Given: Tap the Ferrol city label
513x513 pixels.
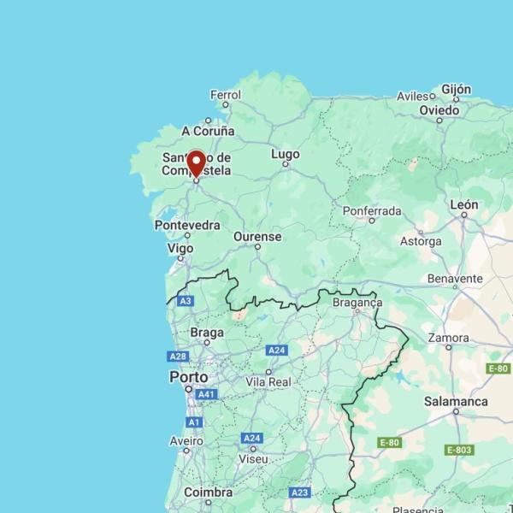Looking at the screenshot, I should pyautogui.click(x=226, y=95).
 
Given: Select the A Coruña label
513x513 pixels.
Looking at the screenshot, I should pyautogui.click(x=208, y=131).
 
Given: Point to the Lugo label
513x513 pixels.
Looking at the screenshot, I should pyautogui.click(x=286, y=154).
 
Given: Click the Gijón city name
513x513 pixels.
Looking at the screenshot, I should pyautogui.click(x=457, y=90).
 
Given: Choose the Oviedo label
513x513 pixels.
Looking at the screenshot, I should pyautogui.click(x=439, y=110).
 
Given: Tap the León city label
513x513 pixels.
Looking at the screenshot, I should pyautogui.click(x=464, y=205).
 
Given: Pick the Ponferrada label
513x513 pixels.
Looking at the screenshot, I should pyautogui.click(x=371, y=210).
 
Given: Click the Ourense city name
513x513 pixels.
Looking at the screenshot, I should pyautogui.click(x=257, y=236).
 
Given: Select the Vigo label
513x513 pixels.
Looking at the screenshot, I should pyautogui.click(x=180, y=248).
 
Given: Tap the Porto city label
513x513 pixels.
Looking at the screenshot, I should pyautogui.click(x=188, y=377).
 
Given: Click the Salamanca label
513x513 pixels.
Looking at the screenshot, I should pyautogui.click(x=456, y=401).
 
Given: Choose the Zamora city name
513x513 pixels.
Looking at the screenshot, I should pyautogui.click(x=448, y=338).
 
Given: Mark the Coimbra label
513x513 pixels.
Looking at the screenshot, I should pyautogui.click(x=208, y=492).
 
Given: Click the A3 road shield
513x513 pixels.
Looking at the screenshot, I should pyautogui.click(x=186, y=301).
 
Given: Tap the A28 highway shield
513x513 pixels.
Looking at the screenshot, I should pyautogui.click(x=178, y=357).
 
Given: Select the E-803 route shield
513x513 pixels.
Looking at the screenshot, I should pyautogui.click(x=459, y=450).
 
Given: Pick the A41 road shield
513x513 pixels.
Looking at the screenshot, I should pyautogui.click(x=205, y=394).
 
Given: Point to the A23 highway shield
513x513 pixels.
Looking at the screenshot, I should pyautogui.click(x=299, y=492).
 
